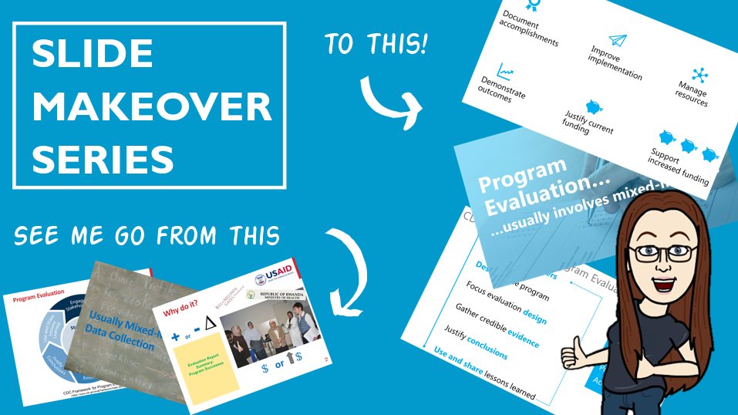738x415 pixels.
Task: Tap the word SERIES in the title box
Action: pos(103,160)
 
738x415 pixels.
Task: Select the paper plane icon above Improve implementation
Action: pos(618,39)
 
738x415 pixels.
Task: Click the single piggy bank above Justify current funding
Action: pos(593,106)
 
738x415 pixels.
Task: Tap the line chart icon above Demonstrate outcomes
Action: pos(506,73)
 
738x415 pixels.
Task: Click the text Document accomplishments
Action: pos(528,29)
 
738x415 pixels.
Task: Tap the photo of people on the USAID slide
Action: pos(273,325)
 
